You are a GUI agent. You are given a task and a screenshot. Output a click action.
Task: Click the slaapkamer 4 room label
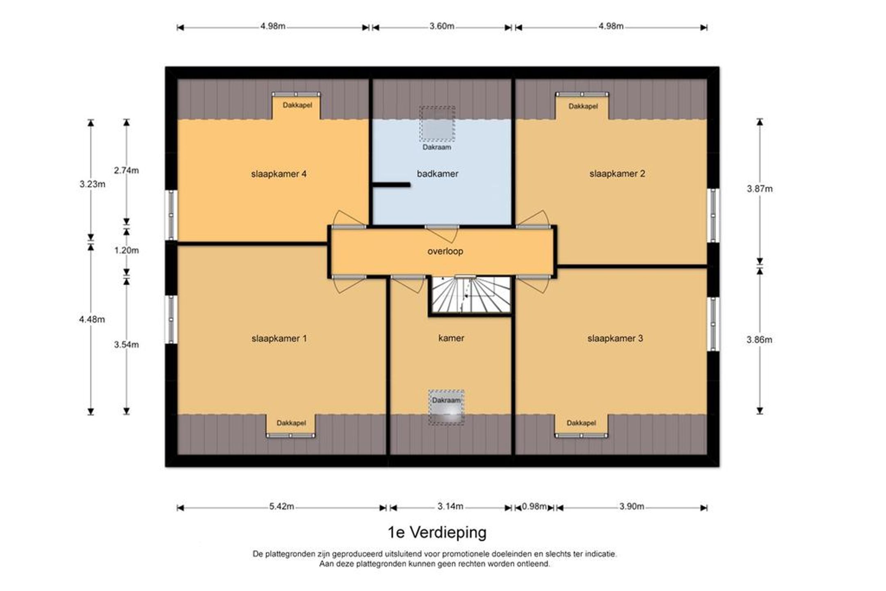279,174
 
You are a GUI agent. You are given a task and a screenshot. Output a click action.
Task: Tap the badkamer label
437,173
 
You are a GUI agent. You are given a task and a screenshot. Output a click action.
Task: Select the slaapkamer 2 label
617,173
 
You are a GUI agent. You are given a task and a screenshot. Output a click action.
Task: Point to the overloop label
445,251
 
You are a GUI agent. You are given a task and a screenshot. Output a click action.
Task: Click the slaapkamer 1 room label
279,338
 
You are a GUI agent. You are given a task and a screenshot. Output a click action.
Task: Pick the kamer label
451,338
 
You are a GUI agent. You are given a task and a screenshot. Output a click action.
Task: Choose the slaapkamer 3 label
615,338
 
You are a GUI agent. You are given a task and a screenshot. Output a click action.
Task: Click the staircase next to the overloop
470,295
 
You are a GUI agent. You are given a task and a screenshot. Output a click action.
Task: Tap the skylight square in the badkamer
437,123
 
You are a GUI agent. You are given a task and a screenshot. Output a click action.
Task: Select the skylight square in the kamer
446,407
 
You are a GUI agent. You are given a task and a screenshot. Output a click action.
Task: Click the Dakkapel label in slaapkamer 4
297,105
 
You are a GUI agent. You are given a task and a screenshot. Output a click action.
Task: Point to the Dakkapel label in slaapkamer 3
581,423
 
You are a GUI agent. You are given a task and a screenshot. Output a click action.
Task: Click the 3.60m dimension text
442,26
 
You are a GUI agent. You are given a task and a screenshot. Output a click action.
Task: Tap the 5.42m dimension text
281,507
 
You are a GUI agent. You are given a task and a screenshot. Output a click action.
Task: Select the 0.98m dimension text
534,507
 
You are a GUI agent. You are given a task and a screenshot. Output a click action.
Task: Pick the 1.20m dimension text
126,250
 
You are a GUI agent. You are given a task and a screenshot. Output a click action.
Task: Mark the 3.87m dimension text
759,189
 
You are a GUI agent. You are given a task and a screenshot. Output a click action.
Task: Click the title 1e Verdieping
437,532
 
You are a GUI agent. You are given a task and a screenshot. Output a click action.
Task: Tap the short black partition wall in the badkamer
391,185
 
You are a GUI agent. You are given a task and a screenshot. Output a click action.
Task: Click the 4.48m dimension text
92,319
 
